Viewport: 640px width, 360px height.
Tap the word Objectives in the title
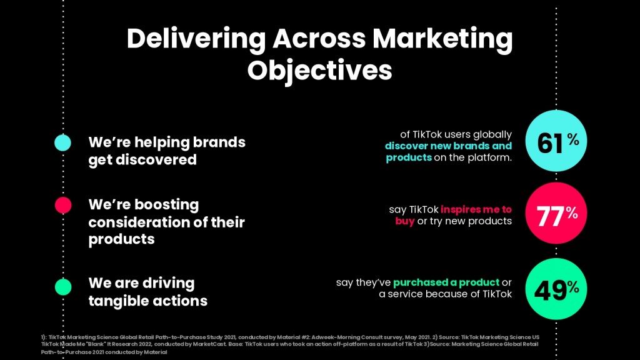tap(319, 71)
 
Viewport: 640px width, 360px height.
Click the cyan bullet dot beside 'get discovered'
tap(63, 143)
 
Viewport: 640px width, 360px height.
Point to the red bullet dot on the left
tap(63, 205)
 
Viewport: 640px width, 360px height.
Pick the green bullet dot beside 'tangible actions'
tap(63, 286)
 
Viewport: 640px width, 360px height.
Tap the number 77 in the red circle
tap(551, 216)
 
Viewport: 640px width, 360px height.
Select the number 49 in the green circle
tap(550, 291)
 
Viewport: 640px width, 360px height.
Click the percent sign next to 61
tap(573, 139)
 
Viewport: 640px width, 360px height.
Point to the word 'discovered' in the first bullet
tap(156, 159)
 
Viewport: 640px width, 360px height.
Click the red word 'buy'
tap(405, 221)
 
